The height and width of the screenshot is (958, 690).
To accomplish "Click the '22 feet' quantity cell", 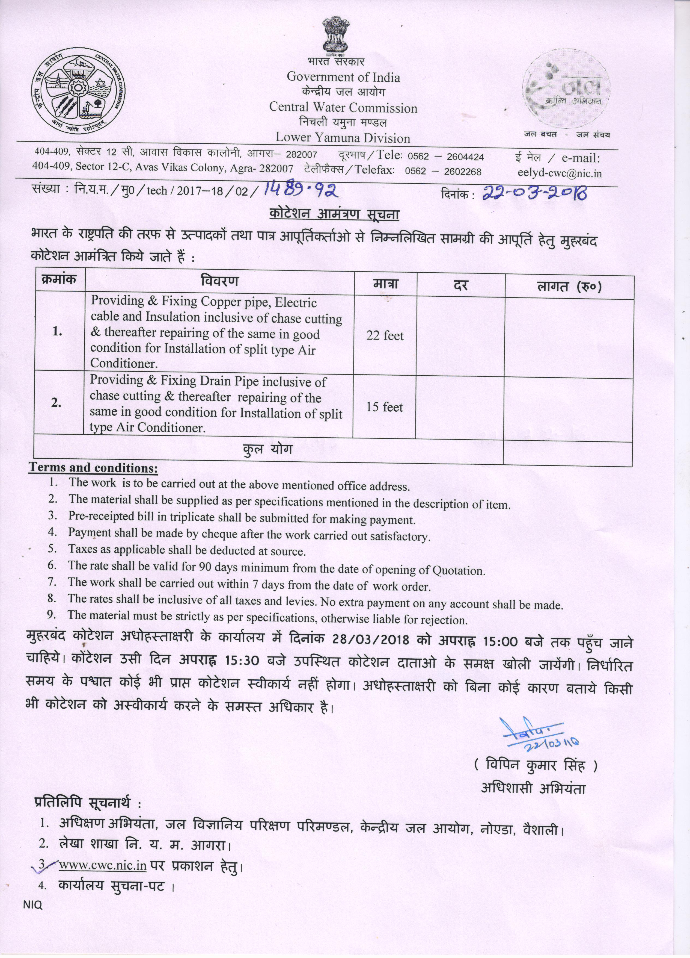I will (385, 336).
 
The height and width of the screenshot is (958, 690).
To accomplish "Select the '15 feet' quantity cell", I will (385, 407).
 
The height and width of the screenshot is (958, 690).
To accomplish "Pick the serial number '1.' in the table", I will (58, 332).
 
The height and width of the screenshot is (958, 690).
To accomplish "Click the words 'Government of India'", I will (343, 77).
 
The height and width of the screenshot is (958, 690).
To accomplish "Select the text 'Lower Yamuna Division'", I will (343, 138).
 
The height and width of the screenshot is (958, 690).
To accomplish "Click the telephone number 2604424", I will (465, 157).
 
